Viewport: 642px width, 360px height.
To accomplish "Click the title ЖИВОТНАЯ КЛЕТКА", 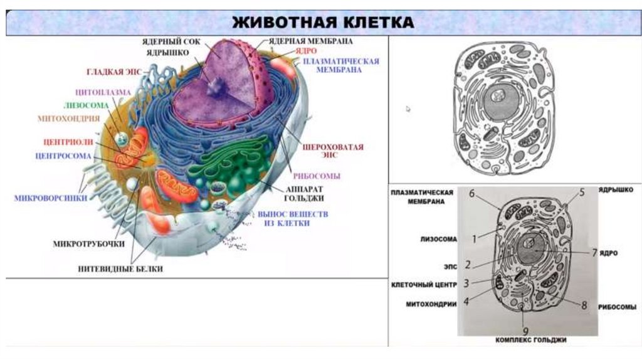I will (323, 23).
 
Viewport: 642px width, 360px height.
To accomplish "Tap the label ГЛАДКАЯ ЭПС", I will (114, 71).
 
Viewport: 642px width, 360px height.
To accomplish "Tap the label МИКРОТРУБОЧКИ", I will (89, 243).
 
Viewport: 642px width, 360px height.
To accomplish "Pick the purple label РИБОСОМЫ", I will (322, 176).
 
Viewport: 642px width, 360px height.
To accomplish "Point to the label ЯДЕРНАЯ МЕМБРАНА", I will (311, 41).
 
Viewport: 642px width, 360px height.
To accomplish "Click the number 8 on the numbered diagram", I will (584, 305).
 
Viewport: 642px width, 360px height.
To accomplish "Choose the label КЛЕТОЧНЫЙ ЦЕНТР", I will (423, 284).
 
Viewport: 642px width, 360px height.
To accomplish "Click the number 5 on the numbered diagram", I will (581, 193).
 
